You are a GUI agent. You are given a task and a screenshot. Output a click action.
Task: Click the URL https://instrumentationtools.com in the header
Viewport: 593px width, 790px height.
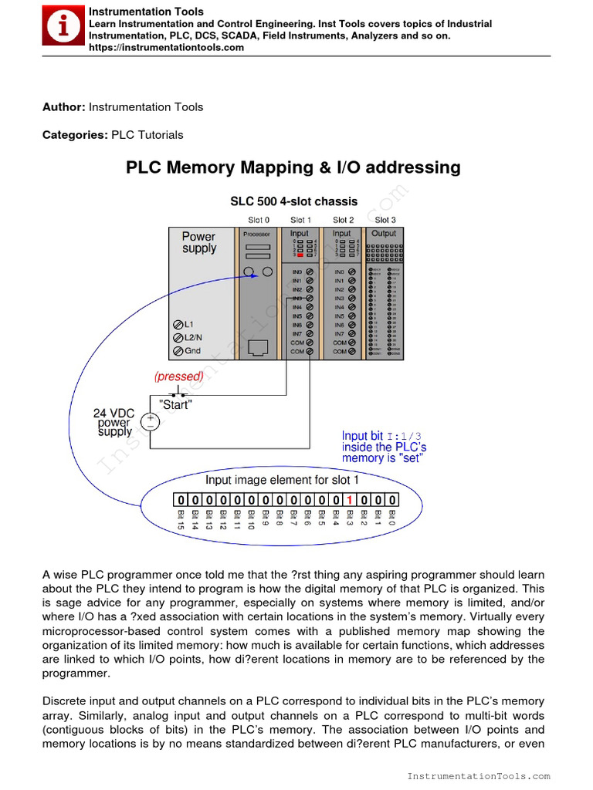(x=166, y=48)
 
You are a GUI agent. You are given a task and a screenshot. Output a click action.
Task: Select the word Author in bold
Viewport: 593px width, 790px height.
(x=63, y=107)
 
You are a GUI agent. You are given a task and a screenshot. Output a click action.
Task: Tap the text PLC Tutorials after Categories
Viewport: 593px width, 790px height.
(x=147, y=135)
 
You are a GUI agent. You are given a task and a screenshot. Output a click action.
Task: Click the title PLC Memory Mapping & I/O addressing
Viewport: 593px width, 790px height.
(x=293, y=167)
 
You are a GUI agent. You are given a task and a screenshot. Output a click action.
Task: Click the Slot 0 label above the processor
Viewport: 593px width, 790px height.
(x=259, y=220)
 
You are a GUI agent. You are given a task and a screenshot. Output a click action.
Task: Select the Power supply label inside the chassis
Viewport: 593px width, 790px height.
(x=199, y=242)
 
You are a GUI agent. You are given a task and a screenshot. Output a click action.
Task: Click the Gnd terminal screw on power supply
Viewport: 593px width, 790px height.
(x=178, y=351)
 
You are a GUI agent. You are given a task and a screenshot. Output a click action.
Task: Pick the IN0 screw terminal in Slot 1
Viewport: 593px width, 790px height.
(x=309, y=272)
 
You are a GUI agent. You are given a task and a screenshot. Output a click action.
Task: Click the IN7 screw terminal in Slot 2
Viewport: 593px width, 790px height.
(x=352, y=334)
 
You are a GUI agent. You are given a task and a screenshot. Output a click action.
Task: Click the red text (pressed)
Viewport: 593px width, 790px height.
(x=178, y=376)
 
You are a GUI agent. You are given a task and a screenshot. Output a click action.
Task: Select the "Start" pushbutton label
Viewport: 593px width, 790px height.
(x=175, y=405)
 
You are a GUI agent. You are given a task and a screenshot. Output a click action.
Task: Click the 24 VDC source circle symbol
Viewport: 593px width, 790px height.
(x=149, y=421)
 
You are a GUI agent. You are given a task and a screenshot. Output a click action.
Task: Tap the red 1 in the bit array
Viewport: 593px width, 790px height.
(x=350, y=500)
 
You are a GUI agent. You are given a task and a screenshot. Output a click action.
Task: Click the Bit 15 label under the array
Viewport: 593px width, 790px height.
(x=181, y=520)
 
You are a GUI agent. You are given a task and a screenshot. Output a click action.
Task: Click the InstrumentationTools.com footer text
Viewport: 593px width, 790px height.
(x=479, y=776)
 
